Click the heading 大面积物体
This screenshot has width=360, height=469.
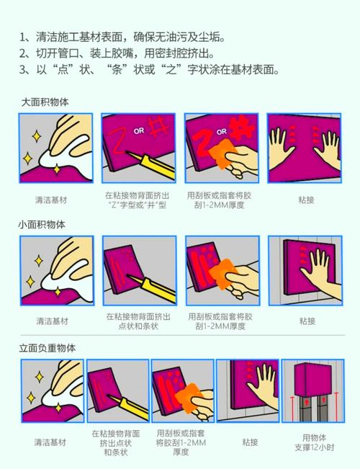[x=45, y=102]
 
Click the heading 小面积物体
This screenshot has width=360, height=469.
[x=42, y=225]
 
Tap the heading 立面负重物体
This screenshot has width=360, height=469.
[x=48, y=348]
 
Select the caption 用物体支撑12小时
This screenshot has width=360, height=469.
[x=314, y=442]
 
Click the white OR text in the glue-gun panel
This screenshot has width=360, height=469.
[x=139, y=130]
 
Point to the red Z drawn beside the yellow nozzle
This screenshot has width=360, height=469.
[x=117, y=140]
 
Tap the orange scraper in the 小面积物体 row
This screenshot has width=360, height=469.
[x=222, y=274]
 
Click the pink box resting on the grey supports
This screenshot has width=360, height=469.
[x=312, y=379]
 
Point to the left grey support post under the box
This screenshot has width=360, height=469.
[x=305, y=409]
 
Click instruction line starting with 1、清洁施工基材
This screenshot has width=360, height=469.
[x=122, y=37]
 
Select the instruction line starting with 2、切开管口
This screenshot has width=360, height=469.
[x=117, y=53]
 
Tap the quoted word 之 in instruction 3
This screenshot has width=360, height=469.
[x=171, y=70]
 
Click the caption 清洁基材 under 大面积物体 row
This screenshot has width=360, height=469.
[x=51, y=200]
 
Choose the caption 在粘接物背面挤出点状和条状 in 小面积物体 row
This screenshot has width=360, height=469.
[x=138, y=321]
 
